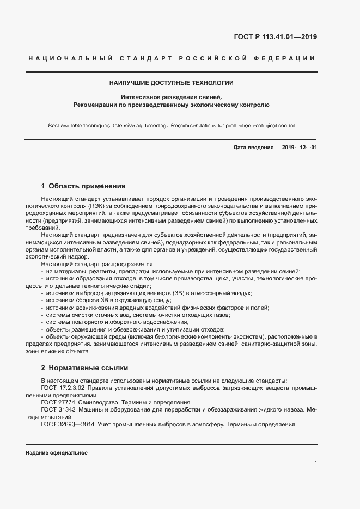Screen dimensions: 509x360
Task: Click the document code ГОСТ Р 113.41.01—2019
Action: tap(274, 37)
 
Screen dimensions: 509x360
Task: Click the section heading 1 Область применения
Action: tap(83, 186)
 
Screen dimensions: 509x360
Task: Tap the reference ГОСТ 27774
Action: tap(58, 402)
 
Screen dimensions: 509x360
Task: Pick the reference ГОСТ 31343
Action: tap(58, 409)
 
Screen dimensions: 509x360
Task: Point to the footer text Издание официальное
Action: tap(56, 452)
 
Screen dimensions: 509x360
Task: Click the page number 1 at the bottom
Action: tap(315, 463)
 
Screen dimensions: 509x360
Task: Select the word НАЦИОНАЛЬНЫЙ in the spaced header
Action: tap(70, 58)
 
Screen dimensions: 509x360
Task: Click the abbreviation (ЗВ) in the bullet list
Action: tap(178, 293)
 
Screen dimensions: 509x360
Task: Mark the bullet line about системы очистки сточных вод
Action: tap(138, 314)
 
